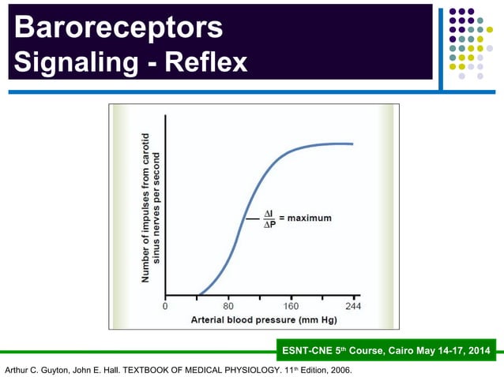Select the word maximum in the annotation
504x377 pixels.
(x=311, y=218)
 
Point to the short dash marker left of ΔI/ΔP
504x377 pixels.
(x=250, y=218)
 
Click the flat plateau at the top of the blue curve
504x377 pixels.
(x=332, y=144)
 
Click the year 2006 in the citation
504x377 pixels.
(x=338, y=369)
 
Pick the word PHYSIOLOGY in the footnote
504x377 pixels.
(x=234, y=369)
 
